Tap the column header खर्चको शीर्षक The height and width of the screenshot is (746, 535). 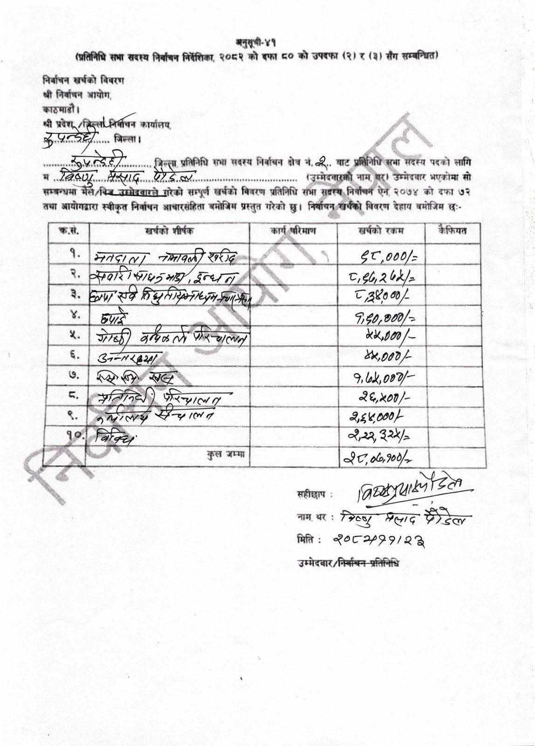(x=170, y=231)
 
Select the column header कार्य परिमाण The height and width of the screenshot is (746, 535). (x=293, y=231)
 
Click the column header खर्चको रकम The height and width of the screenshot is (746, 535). (x=381, y=231)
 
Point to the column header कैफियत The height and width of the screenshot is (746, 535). (x=453, y=230)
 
